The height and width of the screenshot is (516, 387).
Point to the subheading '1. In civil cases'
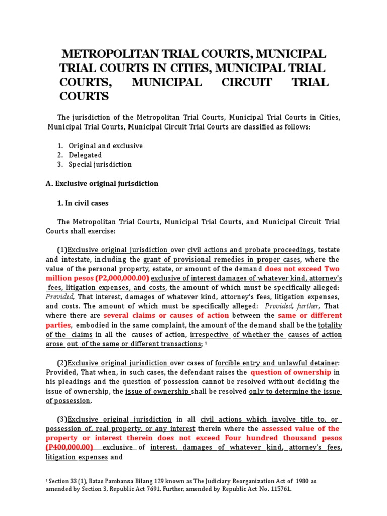pos(83,203)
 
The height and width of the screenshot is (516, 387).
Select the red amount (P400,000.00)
pos(70,447)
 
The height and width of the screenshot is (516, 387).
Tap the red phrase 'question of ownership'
pos(291,372)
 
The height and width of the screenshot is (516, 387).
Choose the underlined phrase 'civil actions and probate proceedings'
pos(250,250)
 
